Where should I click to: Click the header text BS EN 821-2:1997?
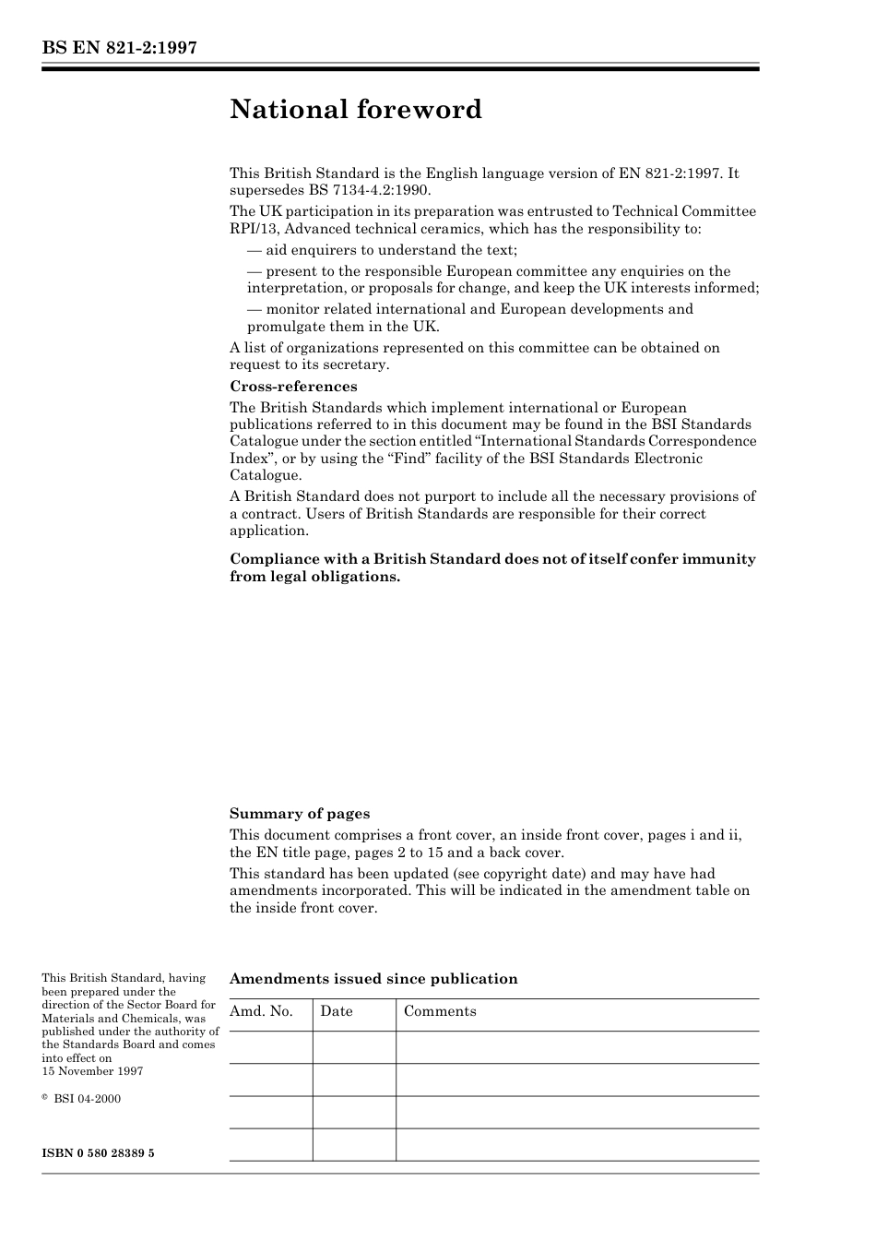point(119,48)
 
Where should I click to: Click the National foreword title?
point(356,110)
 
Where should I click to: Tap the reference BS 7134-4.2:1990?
point(363,190)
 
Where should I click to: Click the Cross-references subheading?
point(293,387)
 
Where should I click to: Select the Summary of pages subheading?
point(300,814)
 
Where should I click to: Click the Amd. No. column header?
point(261,1011)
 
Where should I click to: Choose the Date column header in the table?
point(337,1011)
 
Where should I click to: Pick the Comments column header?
point(440,1011)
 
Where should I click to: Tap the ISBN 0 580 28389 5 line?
point(98,1153)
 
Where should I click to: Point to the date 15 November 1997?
point(92,1071)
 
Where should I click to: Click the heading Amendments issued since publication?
point(373,979)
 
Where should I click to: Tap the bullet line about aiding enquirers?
point(382,250)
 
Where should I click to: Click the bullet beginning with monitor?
point(470,309)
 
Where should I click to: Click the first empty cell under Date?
point(354,1047)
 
